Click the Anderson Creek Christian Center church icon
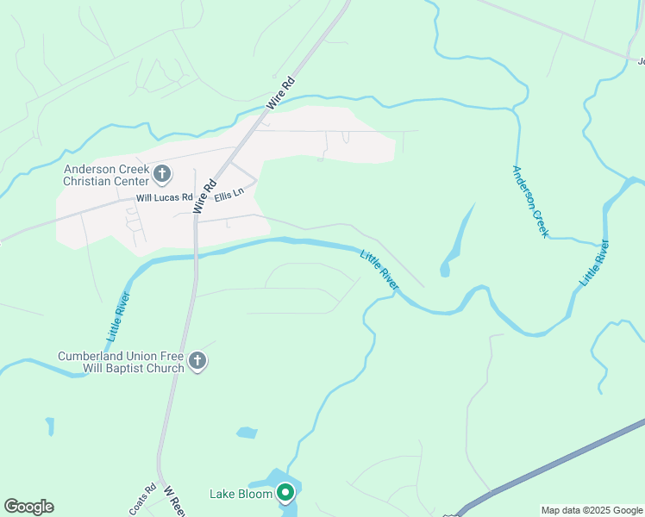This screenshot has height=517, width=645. pyautogui.click(x=161, y=175)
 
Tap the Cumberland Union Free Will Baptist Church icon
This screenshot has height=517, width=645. pyautogui.click(x=197, y=361)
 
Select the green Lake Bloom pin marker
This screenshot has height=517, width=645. pyautogui.click(x=285, y=493)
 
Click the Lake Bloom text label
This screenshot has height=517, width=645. pyautogui.click(x=241, y=494)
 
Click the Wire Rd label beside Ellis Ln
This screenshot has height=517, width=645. pyautogui.click(x=204, y=196)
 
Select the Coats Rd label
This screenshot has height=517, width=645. pyautogui.click(x=142, y=499)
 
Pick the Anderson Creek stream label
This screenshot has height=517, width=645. pyautogui.click(x=529, y=202)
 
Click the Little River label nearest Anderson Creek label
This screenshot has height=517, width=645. pyautogui.click(x=595, y=264)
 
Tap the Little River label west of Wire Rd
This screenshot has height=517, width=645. pyautogui.click(x=119, y=315)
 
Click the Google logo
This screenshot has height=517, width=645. pyautogui.click(x=28, y=507)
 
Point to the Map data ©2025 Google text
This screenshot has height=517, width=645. pyautogui.click(x=592, y=510)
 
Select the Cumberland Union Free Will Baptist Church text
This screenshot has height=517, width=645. pyautogui.click(x=121, y=362)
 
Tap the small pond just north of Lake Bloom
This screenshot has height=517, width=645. pyautogui.click(x=247, y=433)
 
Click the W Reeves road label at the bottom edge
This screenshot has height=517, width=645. pyautogui.click(x=173, y=502)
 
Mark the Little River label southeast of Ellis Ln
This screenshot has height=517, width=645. pyautogui.click(x=379, y=269)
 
